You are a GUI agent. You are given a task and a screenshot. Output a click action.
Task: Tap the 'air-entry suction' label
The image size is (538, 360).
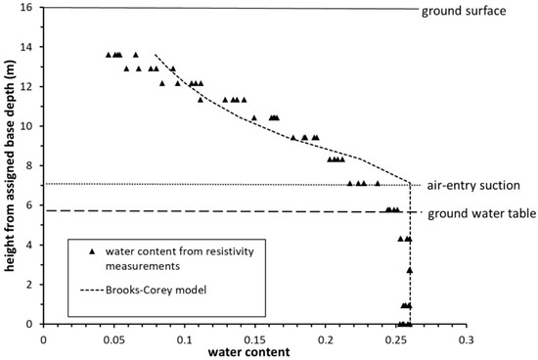473,185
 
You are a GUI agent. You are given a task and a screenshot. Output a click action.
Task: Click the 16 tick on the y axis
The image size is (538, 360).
31,8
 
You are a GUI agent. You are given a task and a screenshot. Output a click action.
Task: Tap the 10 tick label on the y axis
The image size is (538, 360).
31,126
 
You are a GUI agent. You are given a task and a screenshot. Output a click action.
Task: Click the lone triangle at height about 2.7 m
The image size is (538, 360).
410,269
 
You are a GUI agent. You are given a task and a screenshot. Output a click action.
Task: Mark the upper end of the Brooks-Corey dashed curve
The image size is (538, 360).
156,55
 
